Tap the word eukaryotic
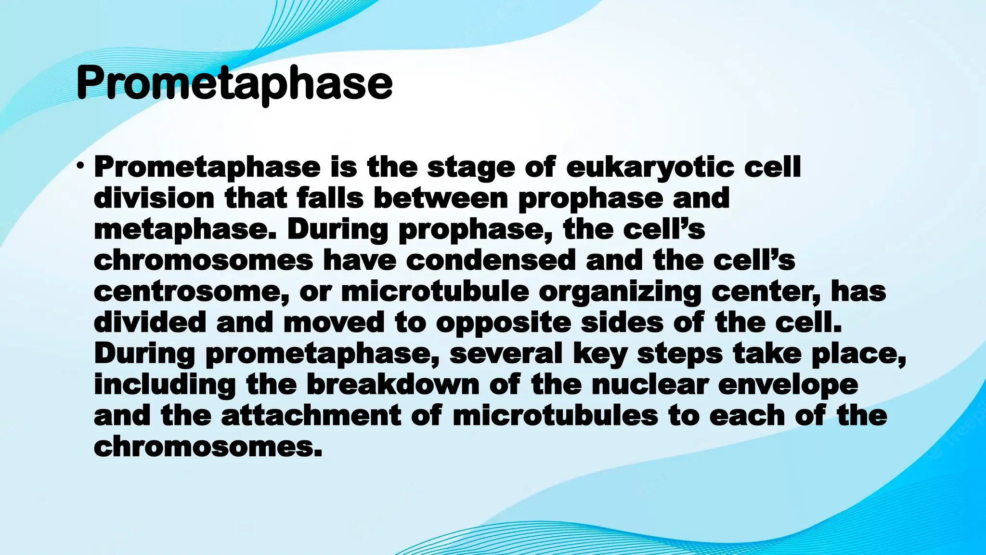(650, 167)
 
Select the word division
(154, 198)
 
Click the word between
(441, 198)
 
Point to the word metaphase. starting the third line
(186, 229)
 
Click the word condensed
(491, 260)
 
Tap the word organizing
(620, 292)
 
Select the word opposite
(503, 323)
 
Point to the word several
(506, 354)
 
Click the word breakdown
(393, 384)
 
